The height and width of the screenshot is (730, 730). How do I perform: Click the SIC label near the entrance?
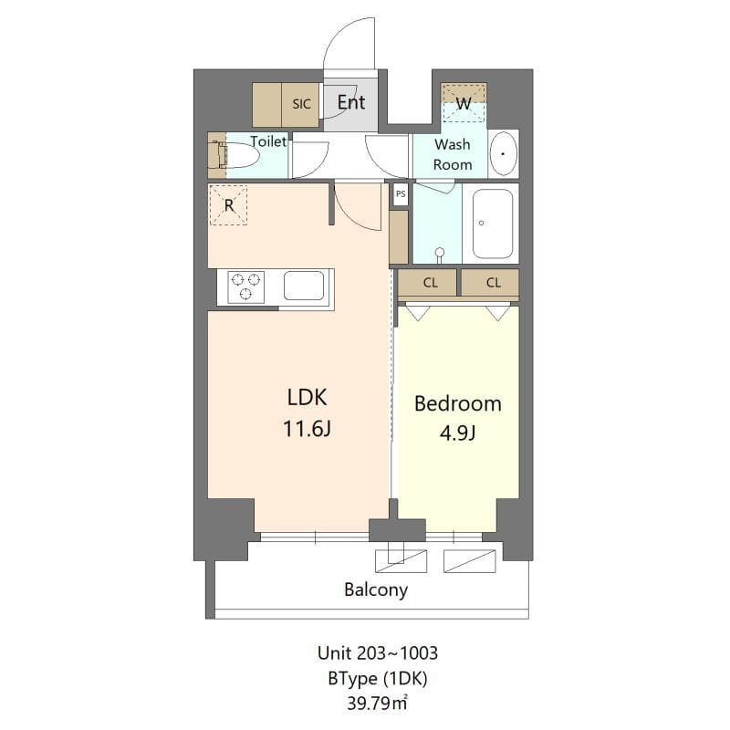point(301,104)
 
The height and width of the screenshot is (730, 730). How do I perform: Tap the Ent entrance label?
point(351,102)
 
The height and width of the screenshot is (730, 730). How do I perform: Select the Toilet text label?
point(268,141)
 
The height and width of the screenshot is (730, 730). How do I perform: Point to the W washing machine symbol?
point(464,104)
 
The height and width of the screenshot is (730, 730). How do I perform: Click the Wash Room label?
point(453,154)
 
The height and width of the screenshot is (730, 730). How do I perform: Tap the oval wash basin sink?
point(503,155)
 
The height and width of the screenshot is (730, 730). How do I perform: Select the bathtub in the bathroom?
point(493,224)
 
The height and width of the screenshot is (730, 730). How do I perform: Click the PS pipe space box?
point(400,194)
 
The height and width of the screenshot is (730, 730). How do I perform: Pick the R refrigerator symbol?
point(228,205)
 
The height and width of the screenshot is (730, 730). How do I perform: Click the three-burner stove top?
point(245,287)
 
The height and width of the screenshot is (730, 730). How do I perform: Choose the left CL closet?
point(430,283)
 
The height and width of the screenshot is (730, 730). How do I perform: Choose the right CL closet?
point(493,283)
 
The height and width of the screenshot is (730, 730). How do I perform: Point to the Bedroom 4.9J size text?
point(458,433)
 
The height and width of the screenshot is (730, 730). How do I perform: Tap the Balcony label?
point(376,589)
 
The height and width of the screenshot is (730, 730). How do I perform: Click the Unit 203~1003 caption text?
point(377,653)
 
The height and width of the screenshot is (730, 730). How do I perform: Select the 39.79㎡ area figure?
point(377,703)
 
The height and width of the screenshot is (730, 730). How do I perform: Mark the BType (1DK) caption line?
point(377,678)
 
